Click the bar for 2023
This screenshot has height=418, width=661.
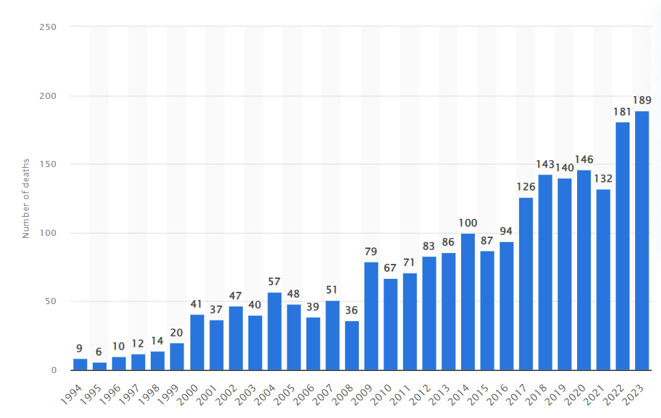[642, 241]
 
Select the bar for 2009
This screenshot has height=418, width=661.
[371, 316]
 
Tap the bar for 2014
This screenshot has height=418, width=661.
[468, 302]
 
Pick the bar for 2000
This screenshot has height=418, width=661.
[197, 342]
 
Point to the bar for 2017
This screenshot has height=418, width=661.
[526, 284]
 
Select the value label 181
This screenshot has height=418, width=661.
[622, 112]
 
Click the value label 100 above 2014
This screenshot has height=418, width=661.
[468, 223]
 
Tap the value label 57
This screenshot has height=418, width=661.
[274, 282]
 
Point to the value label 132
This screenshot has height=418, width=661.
[603, 179]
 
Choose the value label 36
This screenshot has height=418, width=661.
[352, 310]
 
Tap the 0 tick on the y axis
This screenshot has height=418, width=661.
[52, 370]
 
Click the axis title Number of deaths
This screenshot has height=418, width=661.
[26, 198]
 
